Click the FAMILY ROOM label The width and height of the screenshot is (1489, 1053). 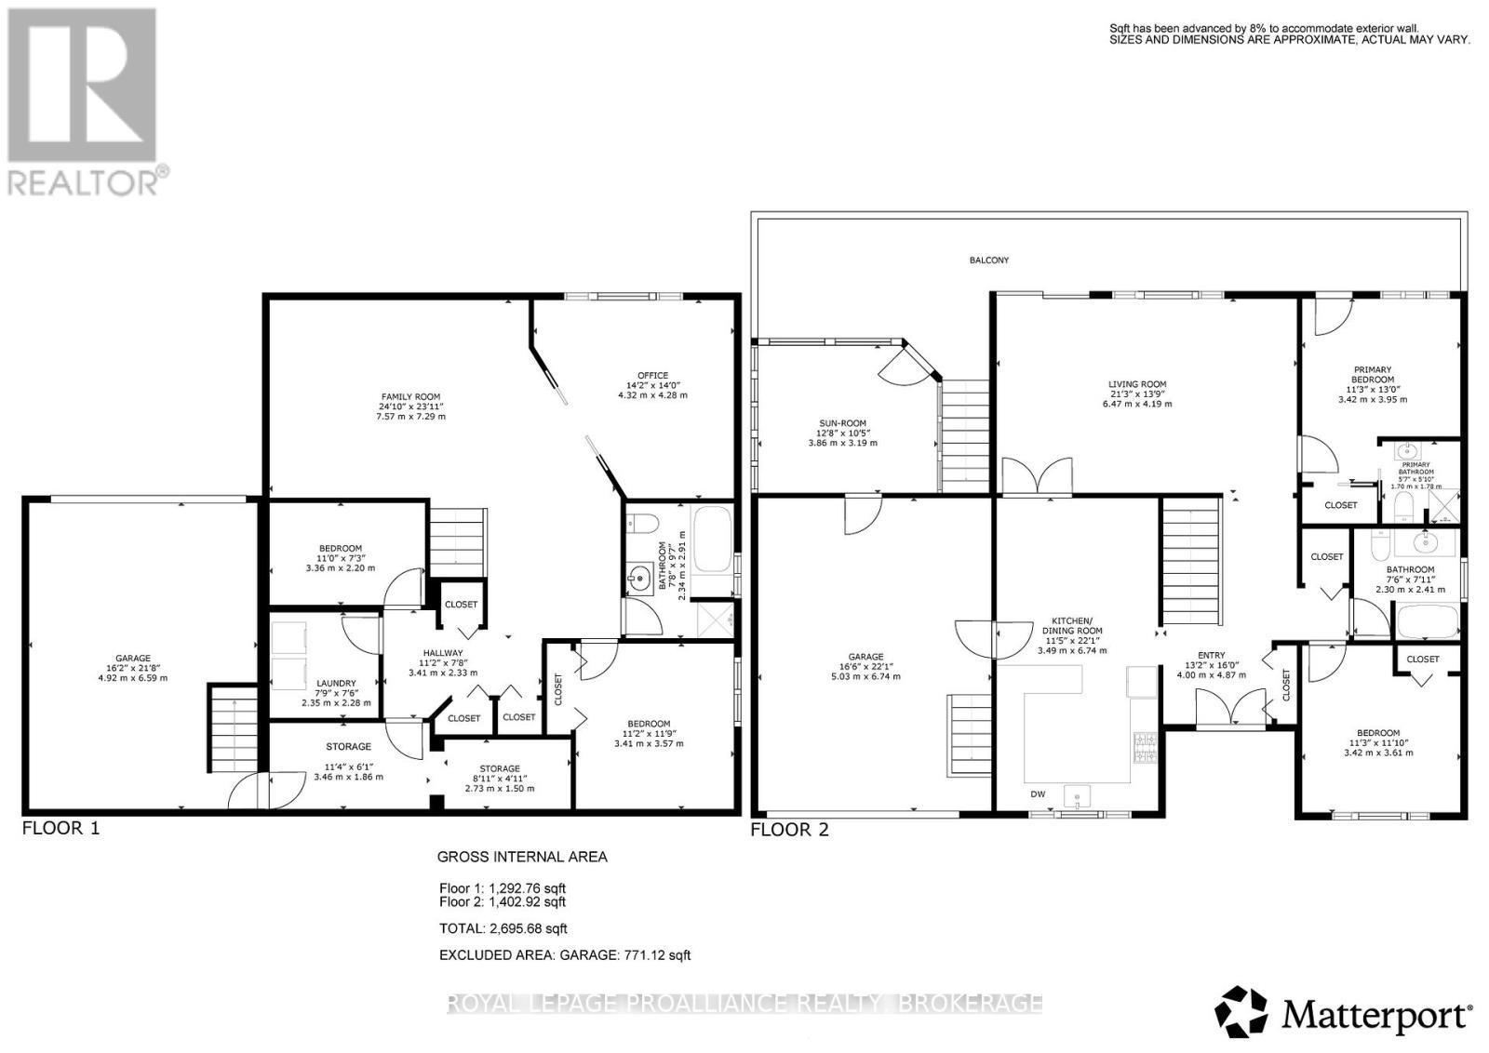coord(409,397)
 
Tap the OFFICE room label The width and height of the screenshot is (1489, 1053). coord(652,376)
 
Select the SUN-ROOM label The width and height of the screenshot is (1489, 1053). coord(842,423)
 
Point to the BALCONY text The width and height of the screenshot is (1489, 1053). coord(988,260)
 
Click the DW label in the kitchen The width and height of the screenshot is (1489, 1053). coord(1038,794)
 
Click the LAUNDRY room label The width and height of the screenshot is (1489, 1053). coord(337,684)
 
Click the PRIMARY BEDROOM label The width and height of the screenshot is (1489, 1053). coord(1373,375)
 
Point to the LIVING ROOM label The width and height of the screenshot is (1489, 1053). coord(1137,384)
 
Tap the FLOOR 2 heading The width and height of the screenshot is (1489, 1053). coord(789,830)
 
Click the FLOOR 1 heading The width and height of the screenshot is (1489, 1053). coord(60,828)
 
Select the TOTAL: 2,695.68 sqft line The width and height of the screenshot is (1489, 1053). coord(503,928)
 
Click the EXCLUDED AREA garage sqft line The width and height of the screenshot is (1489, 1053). coord(565,955)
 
